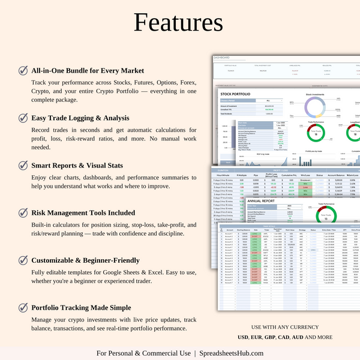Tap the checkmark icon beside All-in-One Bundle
(x=23, y=70)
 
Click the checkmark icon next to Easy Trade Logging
(x=23, y=118)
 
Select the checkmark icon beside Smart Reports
(x=23, y=165)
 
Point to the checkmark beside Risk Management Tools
(x=23, y=212)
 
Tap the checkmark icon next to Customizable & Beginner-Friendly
(x=23, y=260)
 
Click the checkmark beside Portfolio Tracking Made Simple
(x=23, y=307)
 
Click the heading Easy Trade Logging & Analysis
(x=81, y=118)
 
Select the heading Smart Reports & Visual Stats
(x=77, y=165)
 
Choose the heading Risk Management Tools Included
(x=83, y=212)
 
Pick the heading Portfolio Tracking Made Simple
(x=82, y=308)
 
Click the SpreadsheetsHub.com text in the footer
(x=233, y=353)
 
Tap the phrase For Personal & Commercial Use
(x=143, y=353)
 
